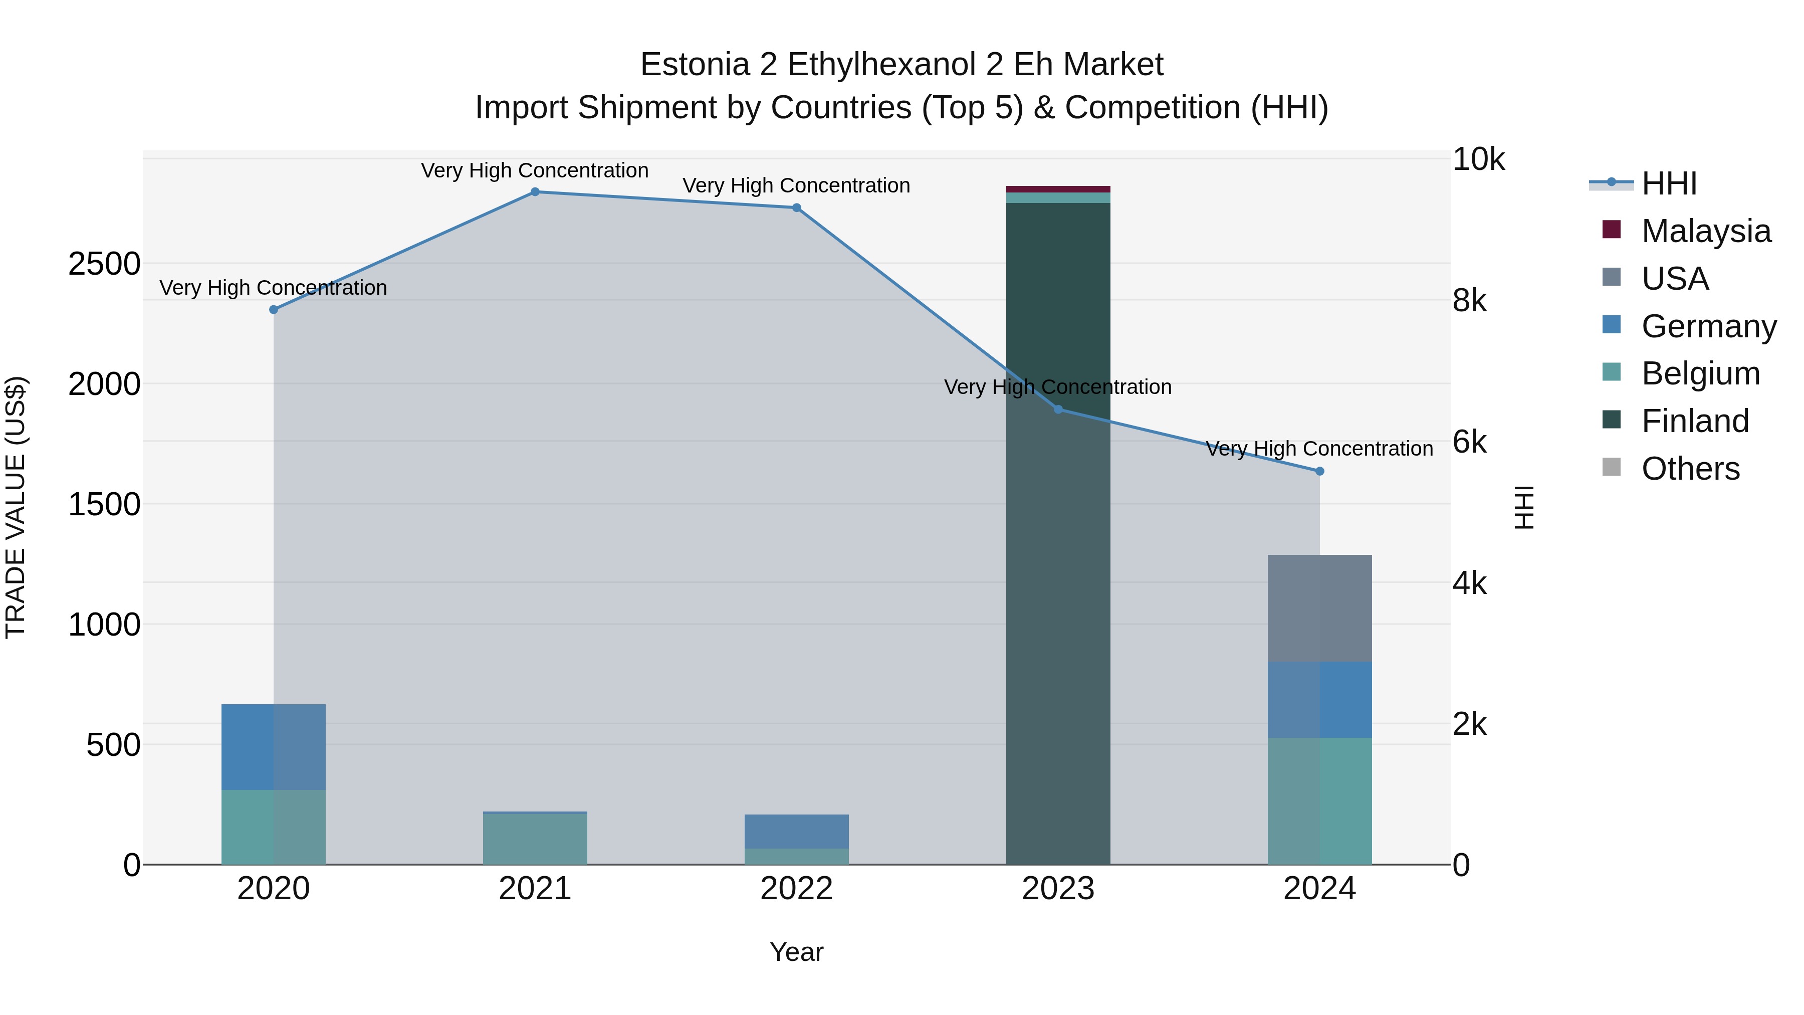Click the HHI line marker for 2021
(535, 191)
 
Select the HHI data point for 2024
(1319, 472)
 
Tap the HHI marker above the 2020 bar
(274, 310)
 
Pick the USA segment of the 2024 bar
(1319, 608)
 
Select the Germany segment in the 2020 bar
(273, 747)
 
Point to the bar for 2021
(535, 839)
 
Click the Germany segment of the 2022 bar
(796, 832)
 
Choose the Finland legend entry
(1695, 421)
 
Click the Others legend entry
(1690, 469)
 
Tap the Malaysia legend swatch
(1612, 230)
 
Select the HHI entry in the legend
(1669, 183)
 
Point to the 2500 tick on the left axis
(104, 264)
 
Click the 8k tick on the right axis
(1469, 301)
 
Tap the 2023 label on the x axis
(1057, 889)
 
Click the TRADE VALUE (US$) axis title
(16, 507)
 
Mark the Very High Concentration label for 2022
(796, 185)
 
